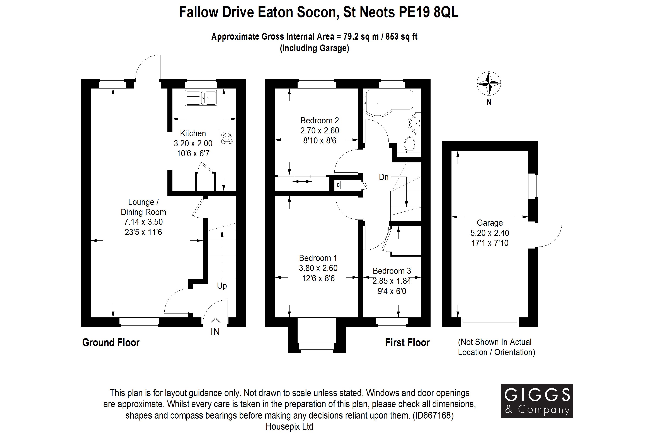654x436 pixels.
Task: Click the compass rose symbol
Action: click(489, 83)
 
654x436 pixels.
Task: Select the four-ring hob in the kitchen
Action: click(227, 138)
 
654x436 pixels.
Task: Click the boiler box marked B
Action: click(338, 185)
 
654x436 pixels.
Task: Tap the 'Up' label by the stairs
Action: click(222, 286)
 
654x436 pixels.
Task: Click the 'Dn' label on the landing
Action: click(383, 177)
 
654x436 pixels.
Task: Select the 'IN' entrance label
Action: click(215, 332)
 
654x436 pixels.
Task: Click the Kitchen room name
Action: click(193, 133)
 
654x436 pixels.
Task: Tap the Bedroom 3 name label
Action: click(392, 271)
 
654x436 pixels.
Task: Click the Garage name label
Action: click(490, 223)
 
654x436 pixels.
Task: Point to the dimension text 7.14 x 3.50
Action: click(143, 222)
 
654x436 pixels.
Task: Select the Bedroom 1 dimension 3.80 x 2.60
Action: click(318, 268)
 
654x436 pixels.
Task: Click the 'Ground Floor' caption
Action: click(111, 342)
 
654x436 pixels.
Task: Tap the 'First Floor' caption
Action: click(407, 342)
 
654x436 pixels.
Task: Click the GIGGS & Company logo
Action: click(537, 401)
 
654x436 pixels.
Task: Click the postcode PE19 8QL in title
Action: click(429, 12)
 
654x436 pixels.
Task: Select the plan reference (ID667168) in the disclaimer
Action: click(433, 416)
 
